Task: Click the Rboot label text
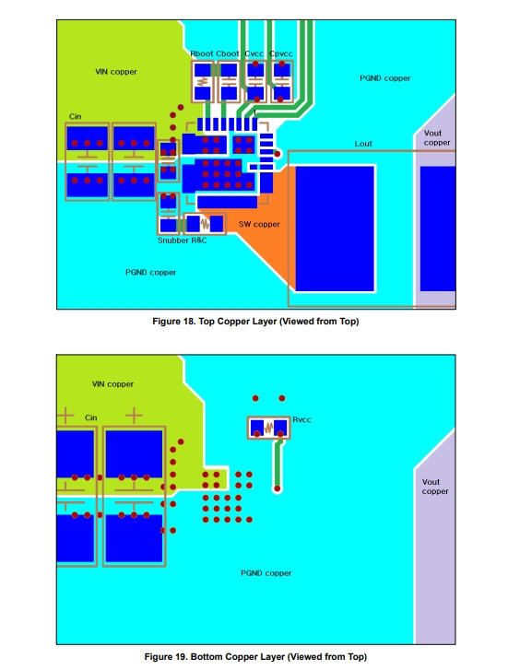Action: (201, 53)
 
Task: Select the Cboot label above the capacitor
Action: (228, 53)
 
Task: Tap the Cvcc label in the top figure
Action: (254, 53)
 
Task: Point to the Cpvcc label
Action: (281, 53)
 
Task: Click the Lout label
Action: (363, 144)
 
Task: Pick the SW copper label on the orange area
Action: (259, 224)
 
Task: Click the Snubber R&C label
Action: (183, 241)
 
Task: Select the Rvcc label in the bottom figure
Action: (301, 419)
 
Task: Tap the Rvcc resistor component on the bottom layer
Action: (268, 428)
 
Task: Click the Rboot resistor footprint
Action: (203, 81)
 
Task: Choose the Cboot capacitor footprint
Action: (229, 81)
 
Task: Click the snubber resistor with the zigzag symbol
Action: (205, 224)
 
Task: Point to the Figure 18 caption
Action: (255, 322)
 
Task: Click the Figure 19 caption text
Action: (255, 657)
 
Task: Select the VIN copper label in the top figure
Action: (116, 72)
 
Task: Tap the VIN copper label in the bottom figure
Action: (112, 384)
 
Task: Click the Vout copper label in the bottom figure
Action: (435, 487)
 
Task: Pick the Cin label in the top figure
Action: (76, 117)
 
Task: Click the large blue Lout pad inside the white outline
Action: (335, 229)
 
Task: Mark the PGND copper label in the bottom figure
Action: (266, 573)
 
